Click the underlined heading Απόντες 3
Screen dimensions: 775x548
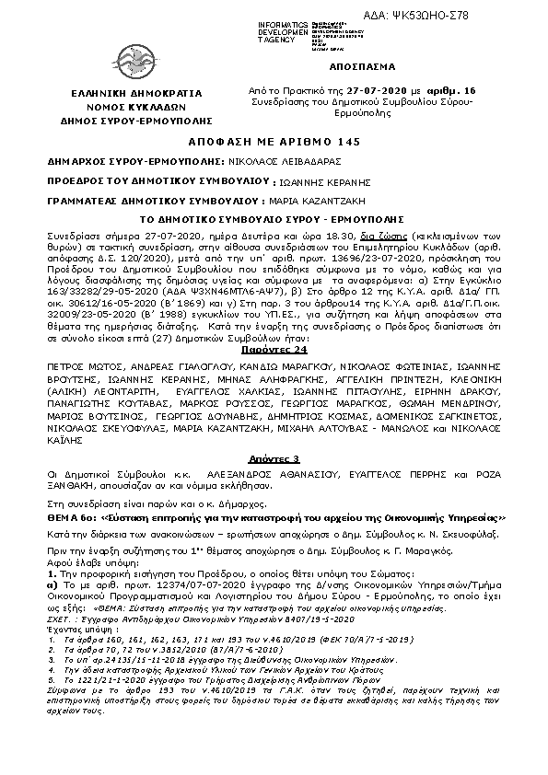[x=274, y=458]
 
